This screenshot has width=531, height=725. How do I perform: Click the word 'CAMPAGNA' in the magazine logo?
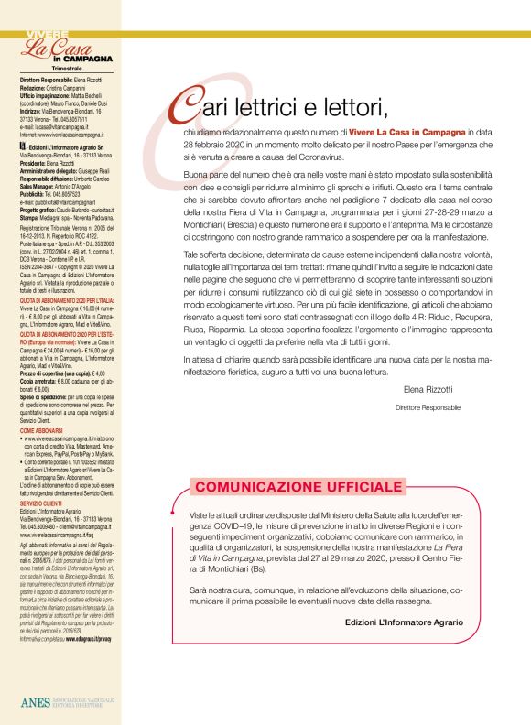pos(89,59)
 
